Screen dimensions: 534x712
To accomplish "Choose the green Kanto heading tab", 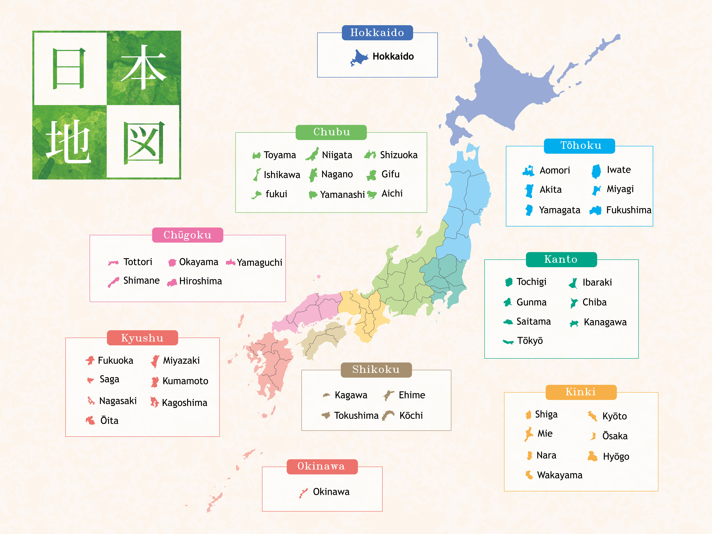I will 561,259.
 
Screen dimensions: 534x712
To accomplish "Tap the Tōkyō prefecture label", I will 530,341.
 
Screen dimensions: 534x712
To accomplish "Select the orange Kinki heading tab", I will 581,392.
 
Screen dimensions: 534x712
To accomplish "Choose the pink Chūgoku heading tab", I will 187,235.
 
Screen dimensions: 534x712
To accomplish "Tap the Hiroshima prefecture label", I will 200,281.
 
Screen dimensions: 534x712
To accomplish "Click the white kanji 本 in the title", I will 144,68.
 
